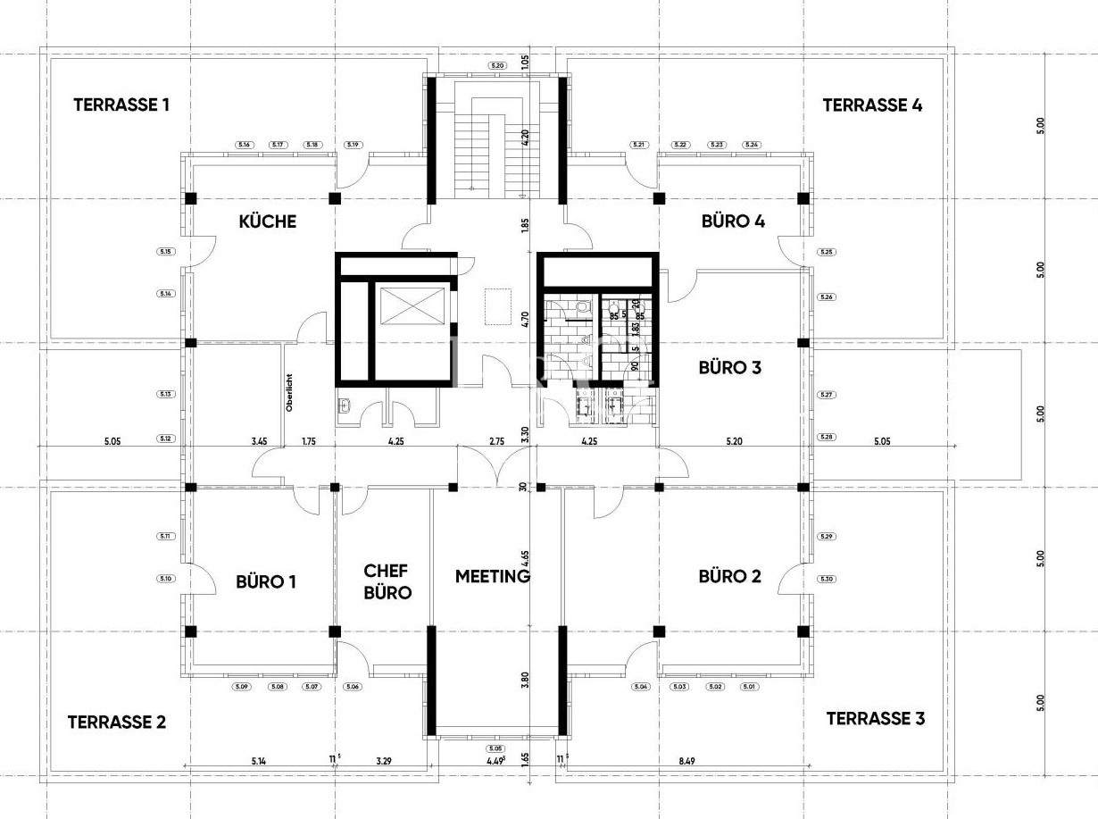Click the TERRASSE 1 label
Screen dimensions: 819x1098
pyautogui.click(x=121, y=104)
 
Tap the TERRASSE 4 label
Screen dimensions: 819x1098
pyautogui.click(x=872, y=104)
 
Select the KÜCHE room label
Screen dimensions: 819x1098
pyautogui.click(x=267, y=221)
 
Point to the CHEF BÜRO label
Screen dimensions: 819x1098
pyautogui.click(x=387, y=581)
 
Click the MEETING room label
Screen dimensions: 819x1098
pyautogui.click(x=493, y=576)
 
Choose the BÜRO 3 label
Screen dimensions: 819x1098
pyautogui.click(x=729, y=366)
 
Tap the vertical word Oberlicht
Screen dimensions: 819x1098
pyautogui.click(x=289, y=391)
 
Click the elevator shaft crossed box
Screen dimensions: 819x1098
pyautogui.click(x=412, y=306)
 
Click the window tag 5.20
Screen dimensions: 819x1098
pyautogui.click(x=497, y=66)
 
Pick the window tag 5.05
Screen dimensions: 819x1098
pyautogui.click(x=496, y=748)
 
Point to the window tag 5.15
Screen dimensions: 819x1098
pyautogui.click(x=165, y=252)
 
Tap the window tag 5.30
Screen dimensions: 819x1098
pyautogui.click(x=826, y=580)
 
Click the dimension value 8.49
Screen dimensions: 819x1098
pyautogui.click(x=686, y=761)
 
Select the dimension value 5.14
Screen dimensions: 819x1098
pyautogui.click(x=259, y=761)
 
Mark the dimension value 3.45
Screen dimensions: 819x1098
pyautogui.click(x=260, y=440)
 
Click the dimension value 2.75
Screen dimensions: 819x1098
pyautogui.click(x=497, y=440)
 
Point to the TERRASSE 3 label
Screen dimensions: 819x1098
pyautogui.click(x=875, y=718)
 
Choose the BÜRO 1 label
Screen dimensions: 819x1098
pyautogui.click(x=266, y=581)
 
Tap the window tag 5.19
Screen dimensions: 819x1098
pyautogui.click(x=353, y=145)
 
